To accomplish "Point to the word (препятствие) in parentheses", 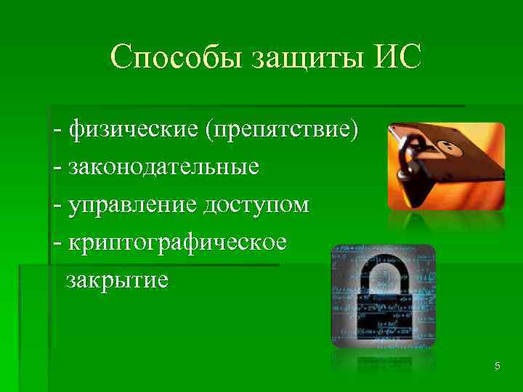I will point(282,131).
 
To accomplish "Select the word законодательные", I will point(163,168).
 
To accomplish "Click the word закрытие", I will point(117,279).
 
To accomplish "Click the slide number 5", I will point(497,367).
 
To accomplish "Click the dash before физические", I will point(57,132).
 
